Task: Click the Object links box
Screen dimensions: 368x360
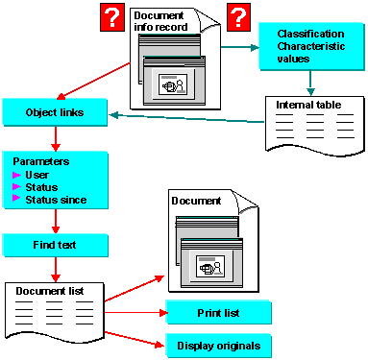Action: tap(55, 112)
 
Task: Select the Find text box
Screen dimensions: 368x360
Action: tap(55, 245)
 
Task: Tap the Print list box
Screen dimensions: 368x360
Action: tap(218, 312)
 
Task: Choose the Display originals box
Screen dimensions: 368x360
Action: tap(218, 346)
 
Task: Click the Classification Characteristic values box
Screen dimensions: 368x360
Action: tap(311, 46)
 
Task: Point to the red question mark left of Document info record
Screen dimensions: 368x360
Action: tap(112, 17)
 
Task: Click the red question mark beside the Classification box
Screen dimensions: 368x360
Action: tap(238, 17)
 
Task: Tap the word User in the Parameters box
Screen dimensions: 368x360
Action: tap(37, 175)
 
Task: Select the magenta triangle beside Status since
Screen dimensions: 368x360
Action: tap(16, 198)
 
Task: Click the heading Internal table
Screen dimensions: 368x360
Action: tap(308, 105)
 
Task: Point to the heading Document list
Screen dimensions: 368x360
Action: tap(50, 291)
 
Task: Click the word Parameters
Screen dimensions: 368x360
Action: tap(41, 161)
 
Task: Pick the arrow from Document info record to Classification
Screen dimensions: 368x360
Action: tap(240, 48)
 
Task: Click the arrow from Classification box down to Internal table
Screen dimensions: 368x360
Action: tap(310, 83)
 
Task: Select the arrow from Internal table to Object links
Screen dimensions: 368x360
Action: tap(186, 118)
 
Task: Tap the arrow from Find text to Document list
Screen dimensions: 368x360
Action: tap(56, 270)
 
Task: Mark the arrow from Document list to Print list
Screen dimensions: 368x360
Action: tap(136, 312)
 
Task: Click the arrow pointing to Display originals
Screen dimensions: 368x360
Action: tap(135, 339)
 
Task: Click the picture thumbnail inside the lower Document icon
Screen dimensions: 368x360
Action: tap(210, 266)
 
